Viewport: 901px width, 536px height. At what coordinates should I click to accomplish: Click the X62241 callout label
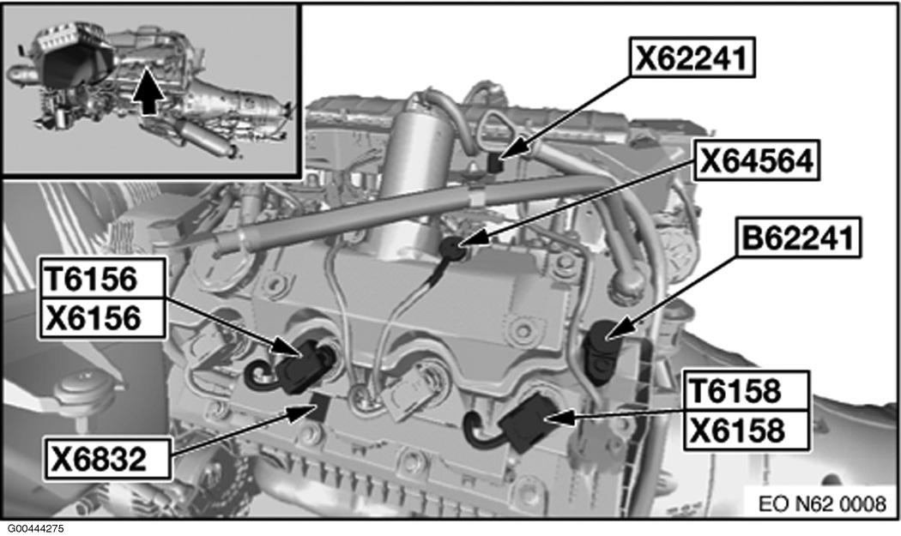pyautogui.click(x=692, y=57)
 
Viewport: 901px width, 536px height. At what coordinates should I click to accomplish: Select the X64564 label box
pyautogui.click(x=757, y=160)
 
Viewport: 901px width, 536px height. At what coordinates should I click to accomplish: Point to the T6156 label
pyautogui.click(x=103, y=279)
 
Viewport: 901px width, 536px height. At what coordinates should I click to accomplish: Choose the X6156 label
pyautogui.click(x=103, y=317)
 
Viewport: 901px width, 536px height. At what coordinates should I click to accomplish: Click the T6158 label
pyautogui.click(x=747, y=391)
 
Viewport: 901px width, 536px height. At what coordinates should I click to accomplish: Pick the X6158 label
pyautogui.click(x=747, y=431)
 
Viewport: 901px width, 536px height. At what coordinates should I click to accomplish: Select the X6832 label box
pyautogui.click(x=107, y=459)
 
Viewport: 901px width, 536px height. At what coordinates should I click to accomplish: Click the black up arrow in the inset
pyautogui.click(x=148, y=91)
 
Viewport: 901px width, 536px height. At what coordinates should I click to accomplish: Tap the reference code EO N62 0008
pyautogui.click(x=822, y=503)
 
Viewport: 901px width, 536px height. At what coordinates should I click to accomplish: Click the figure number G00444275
pyautogui.click(x=36, y=528)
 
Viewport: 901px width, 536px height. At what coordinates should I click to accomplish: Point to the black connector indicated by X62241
pyautogui.click(x=495, y=163)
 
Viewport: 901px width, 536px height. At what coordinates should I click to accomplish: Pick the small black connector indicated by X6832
pyautogui.click(x=319, y=407)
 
